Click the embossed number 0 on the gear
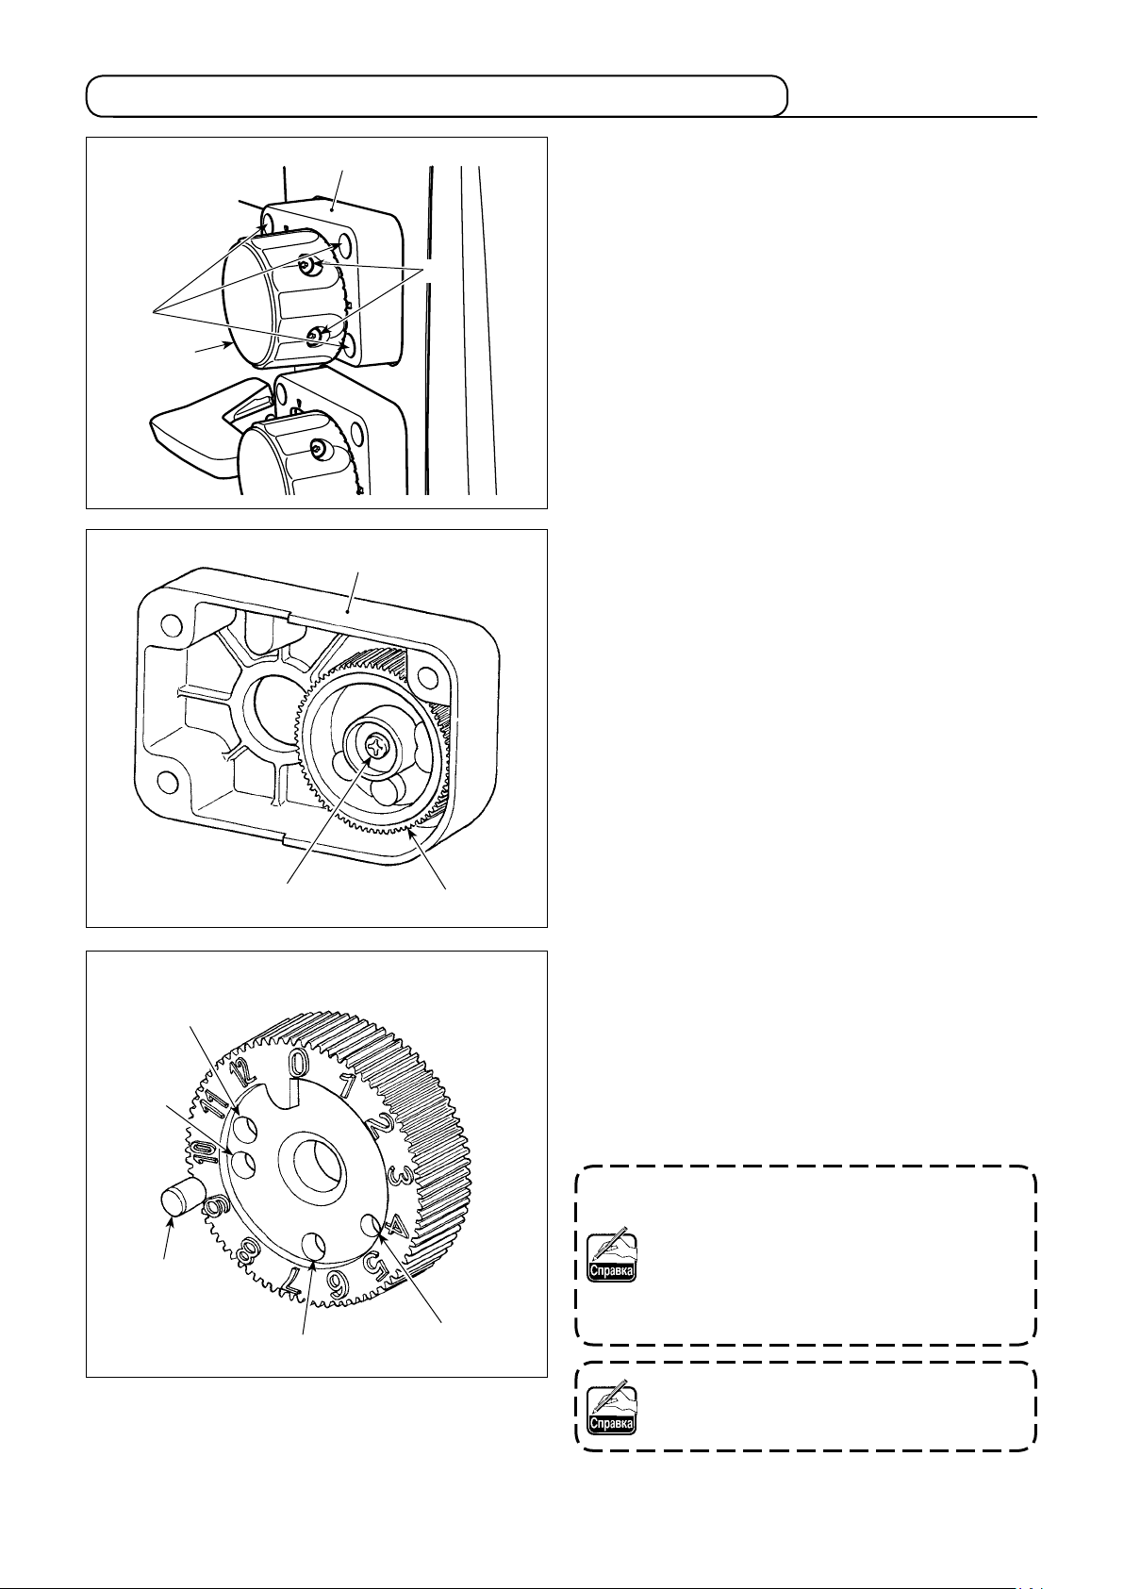[297, 1064]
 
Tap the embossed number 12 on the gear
[243, 1073]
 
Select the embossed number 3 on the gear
[399, 1176]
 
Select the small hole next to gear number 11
[248, 1128]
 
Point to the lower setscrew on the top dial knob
[318, 332]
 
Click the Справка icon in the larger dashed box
[611, 1258]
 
